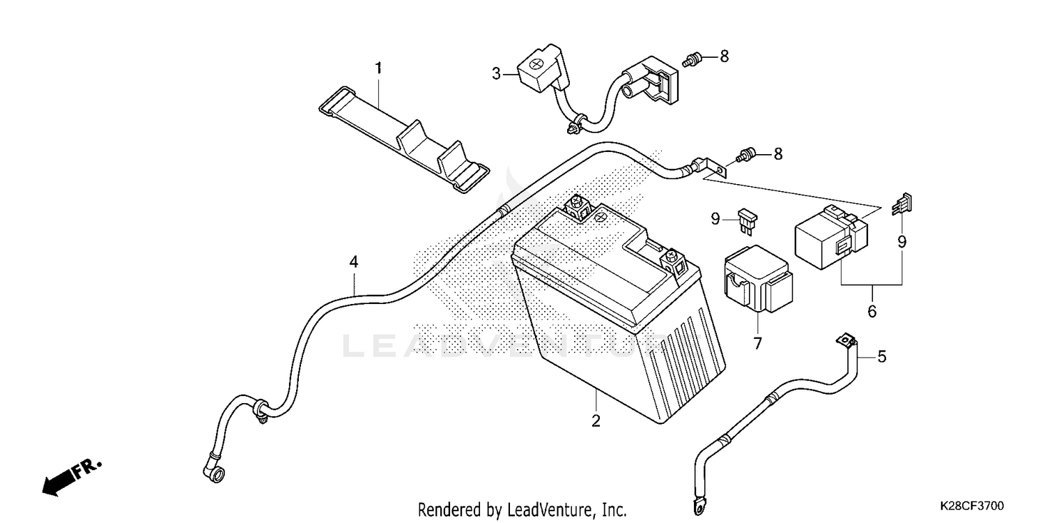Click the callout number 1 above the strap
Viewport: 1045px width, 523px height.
point(378,68)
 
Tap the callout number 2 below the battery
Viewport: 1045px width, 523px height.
point(596,421)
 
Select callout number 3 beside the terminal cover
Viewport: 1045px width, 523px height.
point(496,73)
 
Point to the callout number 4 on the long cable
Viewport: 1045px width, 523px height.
point(354,262)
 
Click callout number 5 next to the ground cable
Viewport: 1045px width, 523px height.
point(882,357)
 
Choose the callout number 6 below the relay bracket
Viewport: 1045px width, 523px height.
point(872,311)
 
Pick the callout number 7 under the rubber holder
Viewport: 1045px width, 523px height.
point(757,343)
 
